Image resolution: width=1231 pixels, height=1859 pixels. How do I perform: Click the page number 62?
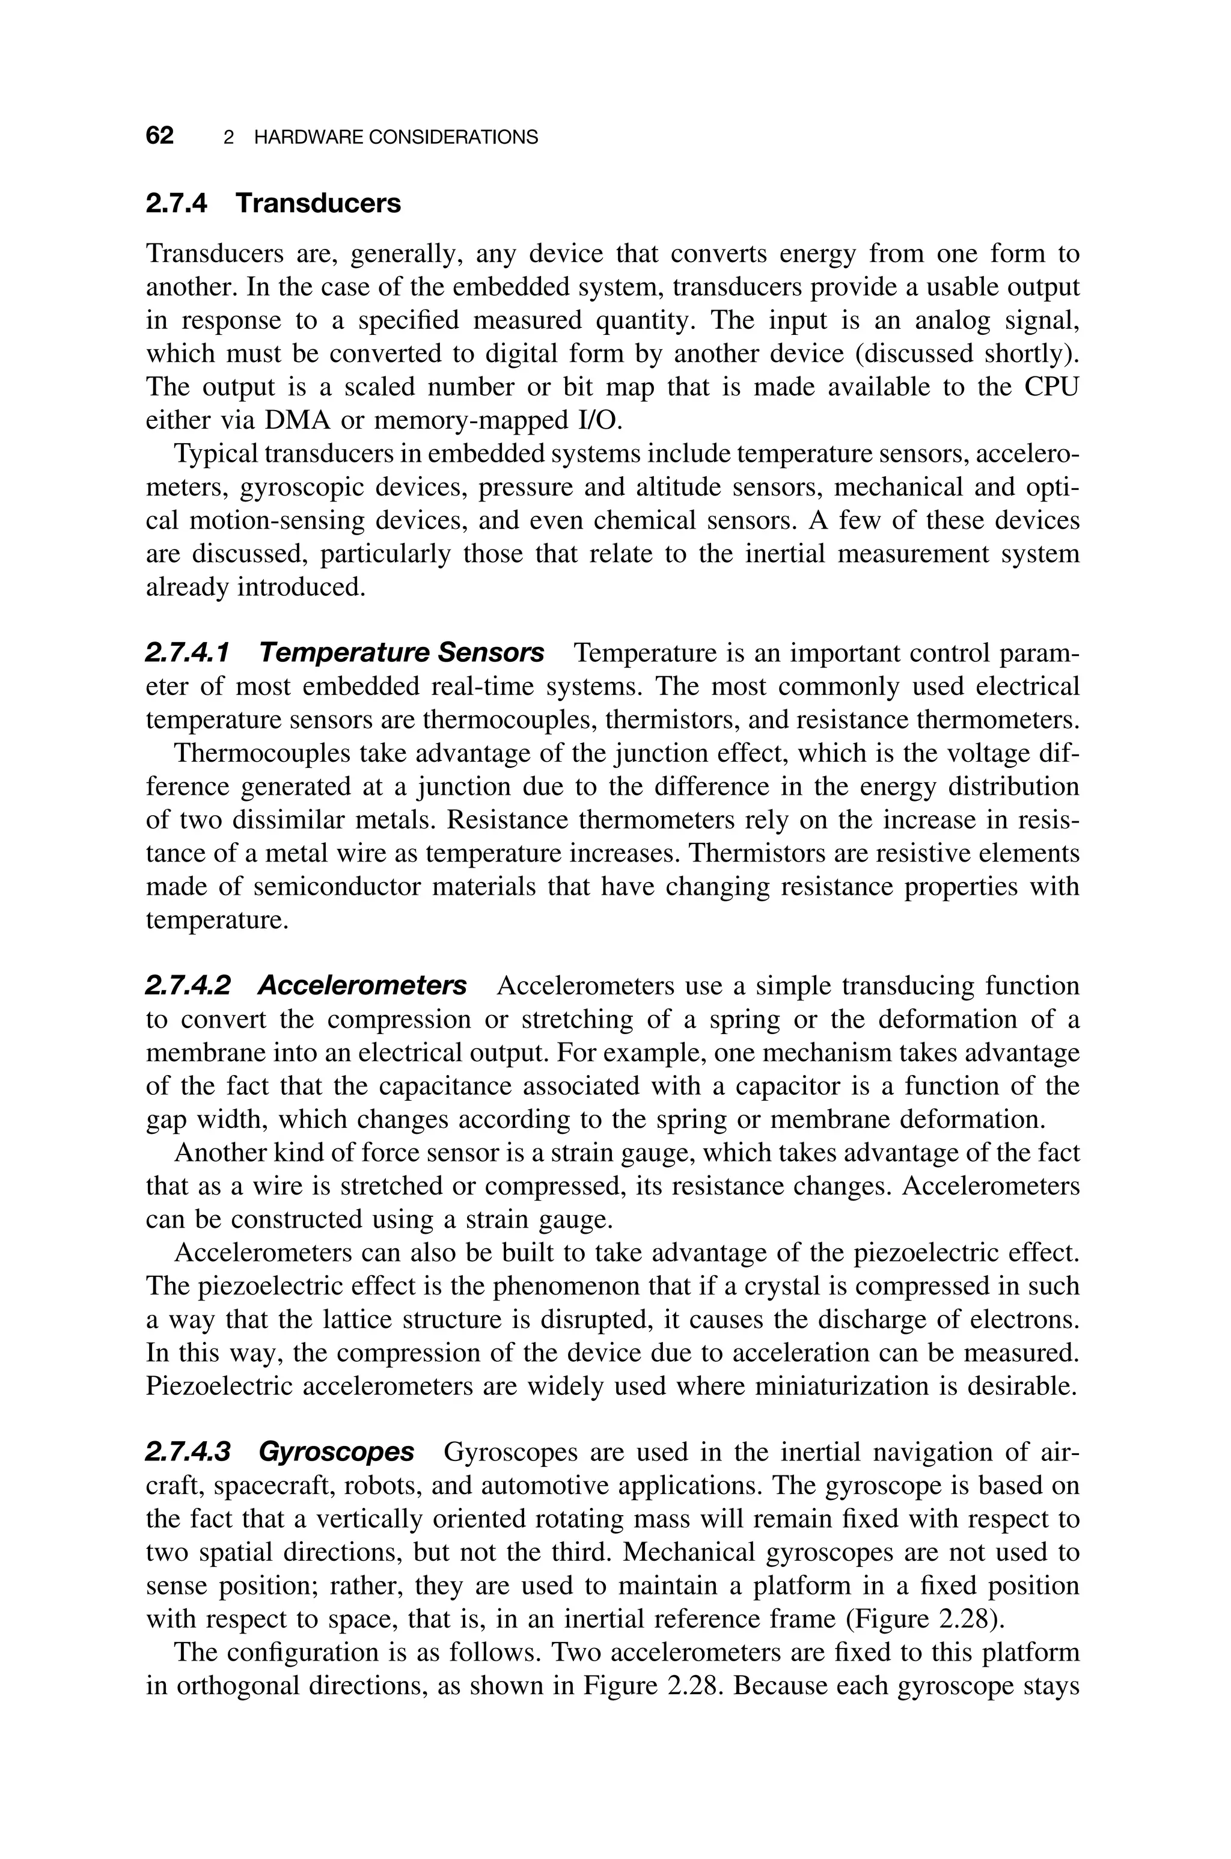[159, 136]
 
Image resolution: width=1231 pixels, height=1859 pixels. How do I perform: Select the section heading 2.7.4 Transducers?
[273, 203]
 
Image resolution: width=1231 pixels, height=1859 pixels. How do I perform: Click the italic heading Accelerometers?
[362, 985]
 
